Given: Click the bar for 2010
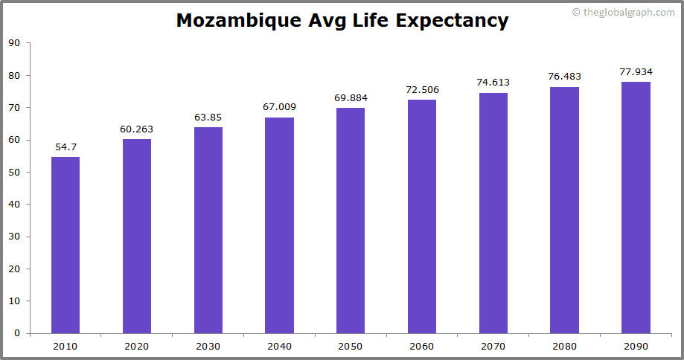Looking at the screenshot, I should pos(65,245).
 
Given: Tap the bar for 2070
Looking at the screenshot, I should pos(493,213).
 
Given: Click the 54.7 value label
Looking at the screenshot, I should pos(65,147).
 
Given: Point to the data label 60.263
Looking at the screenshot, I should pos(137,129).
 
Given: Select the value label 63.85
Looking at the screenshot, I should pos(208,118).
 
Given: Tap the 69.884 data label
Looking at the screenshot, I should pos(351,98).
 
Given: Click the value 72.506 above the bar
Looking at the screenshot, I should pos(422,90).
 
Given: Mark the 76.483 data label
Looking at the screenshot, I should pos(564,77).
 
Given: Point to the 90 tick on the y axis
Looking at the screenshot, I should pos(14,43).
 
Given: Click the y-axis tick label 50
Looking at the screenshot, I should pos(14,172).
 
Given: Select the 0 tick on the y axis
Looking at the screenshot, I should pos(17,333).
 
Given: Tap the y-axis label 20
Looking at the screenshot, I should pos(14,269).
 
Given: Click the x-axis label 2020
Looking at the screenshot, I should pos(137,346).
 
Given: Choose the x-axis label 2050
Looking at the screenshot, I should pos(351,346).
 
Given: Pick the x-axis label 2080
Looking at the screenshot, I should pos(564,346).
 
